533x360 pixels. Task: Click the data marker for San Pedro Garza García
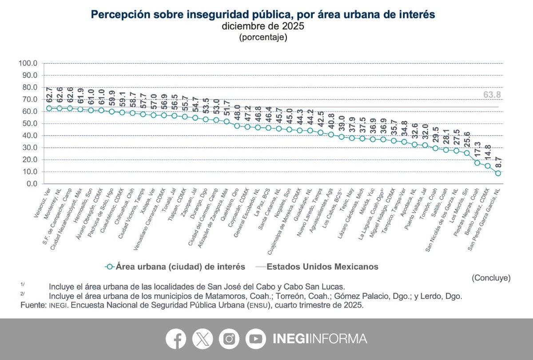point(498,173)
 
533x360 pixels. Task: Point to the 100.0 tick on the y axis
point(28,63)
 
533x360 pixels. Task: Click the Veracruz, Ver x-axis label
point(42,202)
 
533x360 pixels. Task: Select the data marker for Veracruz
point(49,108)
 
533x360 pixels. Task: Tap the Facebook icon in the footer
point(176,339)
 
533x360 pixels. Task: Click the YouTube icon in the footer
point(255,339)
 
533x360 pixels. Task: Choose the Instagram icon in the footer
point(229,339)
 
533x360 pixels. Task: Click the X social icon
point(203,339)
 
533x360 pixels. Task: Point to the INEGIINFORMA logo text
point(319,339)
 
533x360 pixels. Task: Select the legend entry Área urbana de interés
point(176,267)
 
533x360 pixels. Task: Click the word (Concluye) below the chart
point(491,278)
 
